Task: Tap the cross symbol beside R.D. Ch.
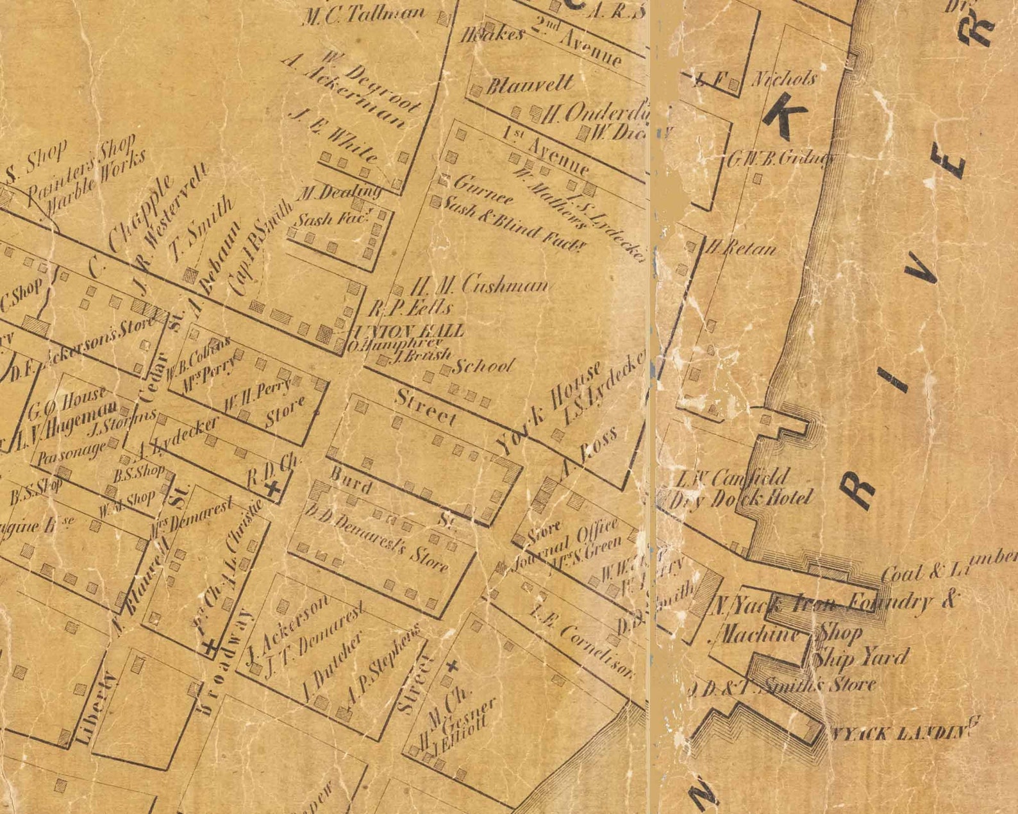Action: tap(274, 489)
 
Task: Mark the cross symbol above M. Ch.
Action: tap(452, 666)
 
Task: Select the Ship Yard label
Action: tap(860, 657)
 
